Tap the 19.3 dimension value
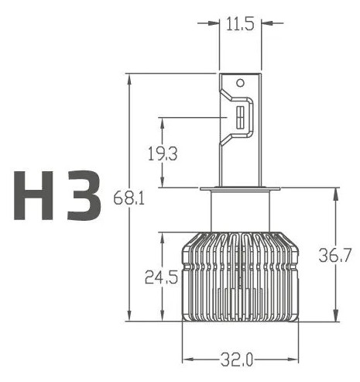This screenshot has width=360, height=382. pos(162,153)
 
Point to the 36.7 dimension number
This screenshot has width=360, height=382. pos(335,254)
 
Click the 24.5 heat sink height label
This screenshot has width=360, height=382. pos(161,276)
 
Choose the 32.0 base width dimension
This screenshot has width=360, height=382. pos(239,360)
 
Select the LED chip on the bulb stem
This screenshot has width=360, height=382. pos(241,119)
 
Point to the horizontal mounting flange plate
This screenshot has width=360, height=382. pos(240,189)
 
